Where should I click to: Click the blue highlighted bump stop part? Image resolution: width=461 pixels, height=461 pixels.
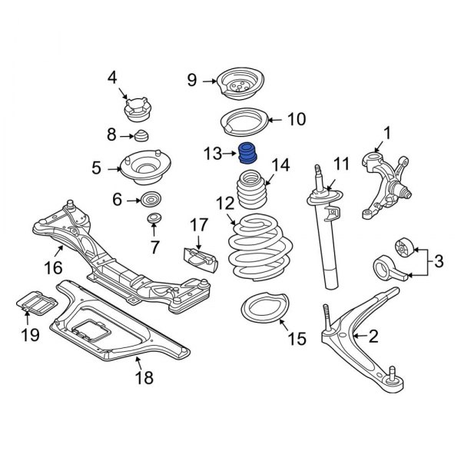(x=248, y=154)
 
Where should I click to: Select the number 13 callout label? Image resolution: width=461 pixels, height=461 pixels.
(x=214, y=155)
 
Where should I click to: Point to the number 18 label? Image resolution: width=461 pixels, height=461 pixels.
(x=144, y=377)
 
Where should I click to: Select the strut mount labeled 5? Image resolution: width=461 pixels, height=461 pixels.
(x=144, y=168)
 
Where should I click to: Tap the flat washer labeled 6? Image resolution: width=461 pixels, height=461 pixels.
(x=152, y=201)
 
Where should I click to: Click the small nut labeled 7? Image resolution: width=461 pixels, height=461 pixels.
(x=154, y=221)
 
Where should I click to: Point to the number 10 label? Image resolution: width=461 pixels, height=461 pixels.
(x=296, y=119)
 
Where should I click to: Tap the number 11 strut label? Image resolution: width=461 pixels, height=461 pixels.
(x=340, y=164)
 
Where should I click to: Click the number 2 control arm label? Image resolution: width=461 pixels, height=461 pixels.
(x=374, y=336)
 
